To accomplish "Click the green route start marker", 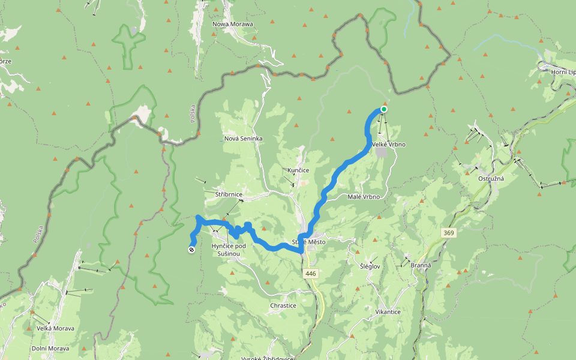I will [383, 109].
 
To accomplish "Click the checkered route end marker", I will [191, 250].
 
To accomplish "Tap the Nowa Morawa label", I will [233, 24].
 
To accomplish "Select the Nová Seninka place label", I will [243, 139].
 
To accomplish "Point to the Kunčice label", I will [298, 170].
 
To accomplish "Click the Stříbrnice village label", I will [228, 195].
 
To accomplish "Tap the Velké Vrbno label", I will [389, 145].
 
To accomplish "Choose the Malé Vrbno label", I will [364, 197].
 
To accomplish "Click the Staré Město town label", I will [308, 242].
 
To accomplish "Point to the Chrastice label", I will [283, 305].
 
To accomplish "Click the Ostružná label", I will [490, 179].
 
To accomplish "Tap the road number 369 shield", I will [448, 232].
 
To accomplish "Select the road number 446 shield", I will [310, 274].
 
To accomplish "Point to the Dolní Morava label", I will [50, 349].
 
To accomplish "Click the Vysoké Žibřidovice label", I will [267, 358].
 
